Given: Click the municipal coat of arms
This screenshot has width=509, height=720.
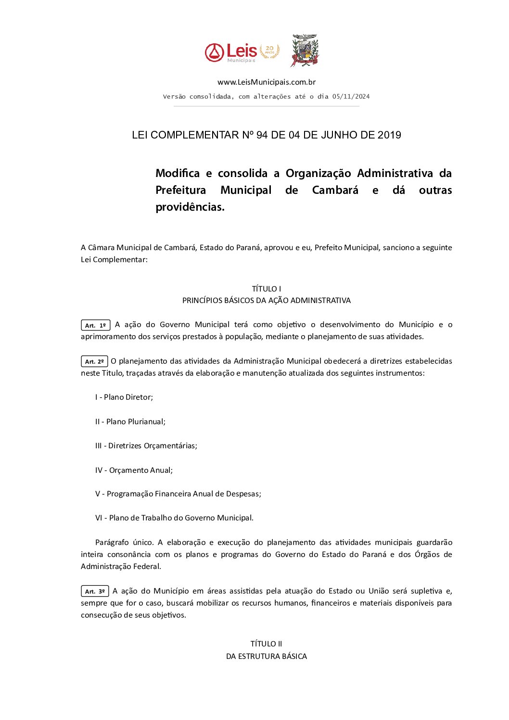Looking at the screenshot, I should [x=305, y=50].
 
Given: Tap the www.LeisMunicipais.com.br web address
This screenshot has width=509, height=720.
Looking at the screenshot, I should [x=266, y=82].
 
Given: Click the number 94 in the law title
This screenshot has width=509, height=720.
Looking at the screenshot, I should [x=262, y=135].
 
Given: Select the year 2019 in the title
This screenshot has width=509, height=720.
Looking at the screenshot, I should [x=389, y=135].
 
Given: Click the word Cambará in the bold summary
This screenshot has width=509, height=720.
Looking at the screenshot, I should [x=335, y=190].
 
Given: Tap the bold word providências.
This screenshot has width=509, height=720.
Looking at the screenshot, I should [x=190, y=207].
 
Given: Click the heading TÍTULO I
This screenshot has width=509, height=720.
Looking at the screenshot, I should [x=266, y=289].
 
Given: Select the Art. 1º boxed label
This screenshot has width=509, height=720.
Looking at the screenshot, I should [x=95, y=326].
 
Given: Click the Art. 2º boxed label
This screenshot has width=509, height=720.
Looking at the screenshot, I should [x=94, y=362].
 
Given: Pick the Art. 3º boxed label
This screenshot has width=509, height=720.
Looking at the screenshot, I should [x=95, y=592].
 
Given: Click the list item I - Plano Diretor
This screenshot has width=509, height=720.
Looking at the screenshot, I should [x=124, y=397].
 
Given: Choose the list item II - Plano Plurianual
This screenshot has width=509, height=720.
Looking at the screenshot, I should [x=130, y=422].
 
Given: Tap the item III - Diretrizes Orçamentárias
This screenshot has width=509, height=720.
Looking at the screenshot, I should [x=146, y=446].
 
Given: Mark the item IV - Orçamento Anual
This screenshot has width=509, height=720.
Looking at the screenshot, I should [x=134, y=470].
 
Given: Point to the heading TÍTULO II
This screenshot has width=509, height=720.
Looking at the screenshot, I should [x=266, y=644].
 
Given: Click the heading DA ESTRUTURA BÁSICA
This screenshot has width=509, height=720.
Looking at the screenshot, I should [x=266, y=657].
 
